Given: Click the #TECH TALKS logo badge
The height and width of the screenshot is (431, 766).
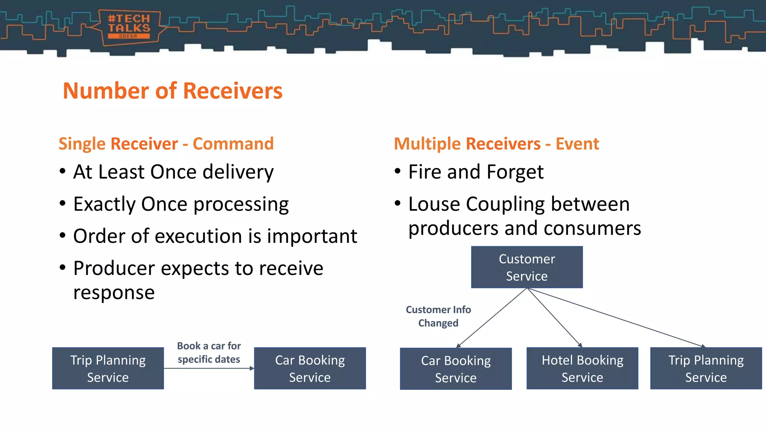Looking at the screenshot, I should coord(129,27).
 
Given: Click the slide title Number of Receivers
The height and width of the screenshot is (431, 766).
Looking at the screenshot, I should coord(172,91).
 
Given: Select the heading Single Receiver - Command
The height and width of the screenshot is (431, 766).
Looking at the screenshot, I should coord(166,144).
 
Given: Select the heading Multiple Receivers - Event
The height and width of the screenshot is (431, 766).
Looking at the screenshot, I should coord(496,144).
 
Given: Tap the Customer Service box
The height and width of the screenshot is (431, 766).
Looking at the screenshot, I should coord(527,267).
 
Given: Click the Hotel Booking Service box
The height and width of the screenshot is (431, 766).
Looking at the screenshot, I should coord(582,369).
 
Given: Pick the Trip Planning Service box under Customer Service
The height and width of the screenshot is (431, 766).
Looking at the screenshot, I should coord(706,369).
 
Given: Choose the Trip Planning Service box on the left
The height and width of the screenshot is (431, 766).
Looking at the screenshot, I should coord(108,369).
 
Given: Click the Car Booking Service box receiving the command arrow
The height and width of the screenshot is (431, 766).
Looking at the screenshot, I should coord(310,369).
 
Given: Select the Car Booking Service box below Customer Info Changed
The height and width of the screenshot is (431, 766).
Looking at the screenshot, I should coord(456,369).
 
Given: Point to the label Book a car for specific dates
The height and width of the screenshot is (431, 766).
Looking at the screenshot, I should coord(209,352).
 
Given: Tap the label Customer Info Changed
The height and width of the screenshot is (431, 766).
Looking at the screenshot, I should coord(438,316).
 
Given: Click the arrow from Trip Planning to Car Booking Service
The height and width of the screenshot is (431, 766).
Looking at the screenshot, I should coord(209,369).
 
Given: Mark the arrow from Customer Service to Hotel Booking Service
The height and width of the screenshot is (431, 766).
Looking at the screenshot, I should coord(554,318).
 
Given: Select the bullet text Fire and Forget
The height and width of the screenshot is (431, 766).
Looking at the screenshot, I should coord(476,172).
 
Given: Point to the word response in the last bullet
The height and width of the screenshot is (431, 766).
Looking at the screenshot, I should coord(114,293).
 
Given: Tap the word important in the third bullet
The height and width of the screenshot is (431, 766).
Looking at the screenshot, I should coord(312,236).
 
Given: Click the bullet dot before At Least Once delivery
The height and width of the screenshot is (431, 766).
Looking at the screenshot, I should coord(62,172).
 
